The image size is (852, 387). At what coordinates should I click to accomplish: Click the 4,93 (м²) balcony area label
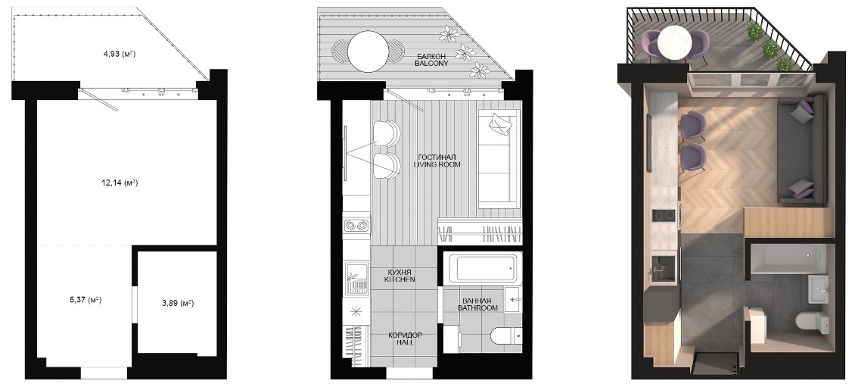coord(120,54)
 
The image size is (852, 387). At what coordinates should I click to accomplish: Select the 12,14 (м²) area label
coord(120,183)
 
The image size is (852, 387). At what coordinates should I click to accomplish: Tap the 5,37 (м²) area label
coord(86,300)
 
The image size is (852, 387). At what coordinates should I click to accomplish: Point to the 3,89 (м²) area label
coord(177,303)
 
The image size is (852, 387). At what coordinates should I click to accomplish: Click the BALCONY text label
coord(431,64)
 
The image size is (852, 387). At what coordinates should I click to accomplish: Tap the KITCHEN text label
coord(399,279)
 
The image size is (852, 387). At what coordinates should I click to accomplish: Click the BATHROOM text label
coord(477,307)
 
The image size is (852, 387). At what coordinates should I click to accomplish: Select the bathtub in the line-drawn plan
coord(481,268)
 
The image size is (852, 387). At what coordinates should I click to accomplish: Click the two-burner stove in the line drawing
coord(356,224)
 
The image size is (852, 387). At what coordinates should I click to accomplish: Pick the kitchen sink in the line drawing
coord(356,278)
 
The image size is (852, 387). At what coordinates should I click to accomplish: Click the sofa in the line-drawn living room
coord(499,159)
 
